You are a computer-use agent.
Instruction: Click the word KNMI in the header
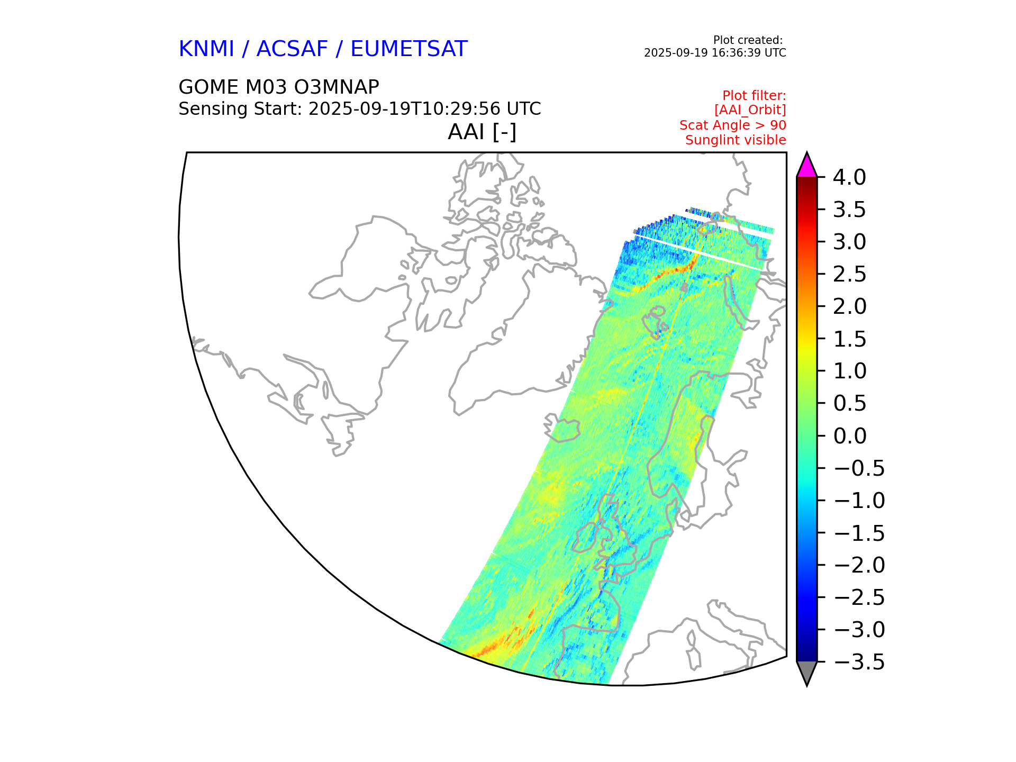point(206,49)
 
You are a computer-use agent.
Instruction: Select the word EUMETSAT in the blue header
point(409,49)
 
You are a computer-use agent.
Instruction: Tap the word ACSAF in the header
point(292,49)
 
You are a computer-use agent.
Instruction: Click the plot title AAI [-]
point(482,132)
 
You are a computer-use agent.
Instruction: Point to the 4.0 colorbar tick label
point(849,177)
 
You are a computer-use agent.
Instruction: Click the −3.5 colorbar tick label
point(859,662)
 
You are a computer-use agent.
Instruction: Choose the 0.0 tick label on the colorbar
point(849,436)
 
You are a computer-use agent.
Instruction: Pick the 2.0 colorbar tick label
point(849,306)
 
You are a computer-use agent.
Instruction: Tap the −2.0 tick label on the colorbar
point(859,565)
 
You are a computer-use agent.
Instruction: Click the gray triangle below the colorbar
point(807,672)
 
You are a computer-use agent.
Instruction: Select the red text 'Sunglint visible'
point(736,140)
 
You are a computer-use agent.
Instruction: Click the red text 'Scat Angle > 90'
point(733,125)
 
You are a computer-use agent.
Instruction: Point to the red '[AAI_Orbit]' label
point(750,110)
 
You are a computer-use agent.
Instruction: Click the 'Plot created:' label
point(748,40)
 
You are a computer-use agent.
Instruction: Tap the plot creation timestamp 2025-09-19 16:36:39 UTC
point(715,53)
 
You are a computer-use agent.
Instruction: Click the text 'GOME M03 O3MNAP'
point(279,87)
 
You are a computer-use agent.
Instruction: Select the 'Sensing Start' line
point(360,109)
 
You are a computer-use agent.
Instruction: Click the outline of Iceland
point(562,428)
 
